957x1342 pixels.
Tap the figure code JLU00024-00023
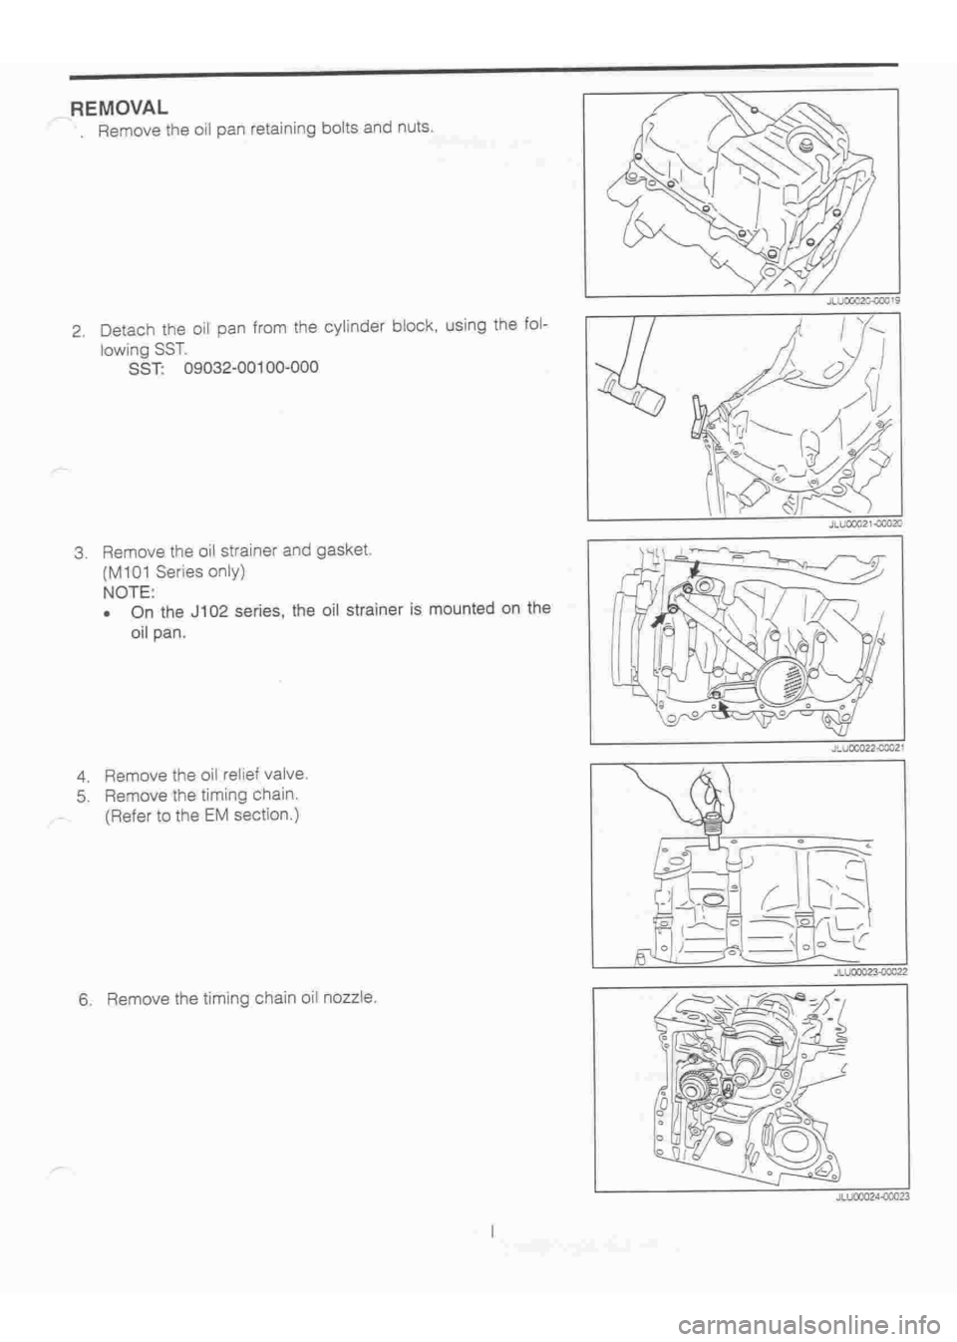click(x=861, y=1201)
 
